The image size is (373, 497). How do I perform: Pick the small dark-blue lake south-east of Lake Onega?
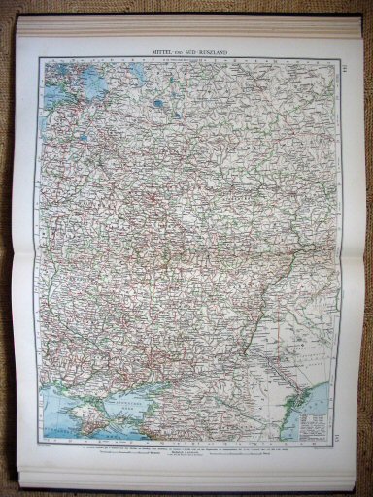[x=155, y=101]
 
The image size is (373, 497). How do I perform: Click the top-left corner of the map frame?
[x=40, y=58]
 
